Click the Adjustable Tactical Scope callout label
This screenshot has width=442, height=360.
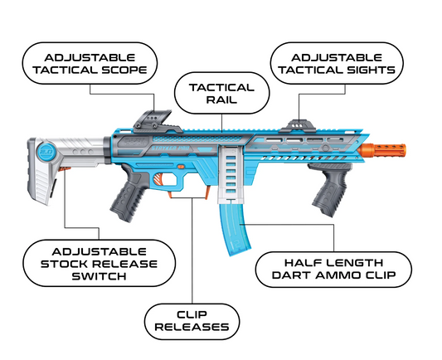point(90,63)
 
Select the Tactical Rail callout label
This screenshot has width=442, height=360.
point(222,93)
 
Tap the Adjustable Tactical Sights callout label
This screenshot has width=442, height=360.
point(337,63)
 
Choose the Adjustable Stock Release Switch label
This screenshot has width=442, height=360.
point(99,264)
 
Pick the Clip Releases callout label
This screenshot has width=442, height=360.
point(192,321)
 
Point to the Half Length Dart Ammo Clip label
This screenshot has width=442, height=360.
point(333,270)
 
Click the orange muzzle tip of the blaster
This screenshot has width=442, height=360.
point(384,150)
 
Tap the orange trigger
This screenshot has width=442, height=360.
point(159,180)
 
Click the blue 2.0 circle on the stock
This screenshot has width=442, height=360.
point(46,152)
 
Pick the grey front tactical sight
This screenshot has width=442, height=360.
point(299,126)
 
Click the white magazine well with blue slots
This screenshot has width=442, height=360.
point(231,174)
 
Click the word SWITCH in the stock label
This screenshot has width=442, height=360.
point(99,276)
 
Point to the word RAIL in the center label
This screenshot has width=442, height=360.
point(221,100)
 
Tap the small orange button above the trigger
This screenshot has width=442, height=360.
point(181,168)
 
